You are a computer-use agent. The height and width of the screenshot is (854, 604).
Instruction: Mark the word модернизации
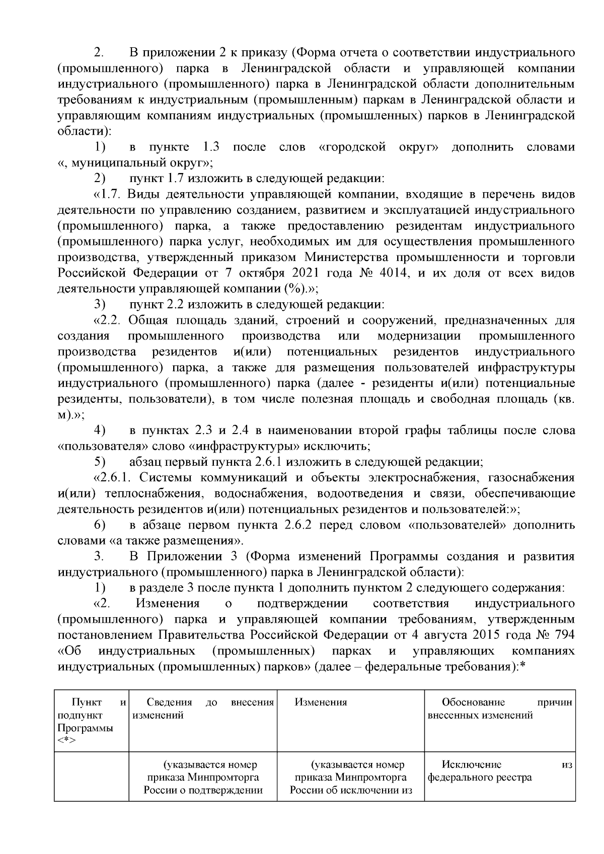(419, 336)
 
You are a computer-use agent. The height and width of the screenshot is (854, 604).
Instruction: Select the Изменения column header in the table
(321, 702)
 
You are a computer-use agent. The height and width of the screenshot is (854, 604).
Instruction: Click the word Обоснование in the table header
(473, 702)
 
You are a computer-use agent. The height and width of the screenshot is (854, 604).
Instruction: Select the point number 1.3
(211, 147)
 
